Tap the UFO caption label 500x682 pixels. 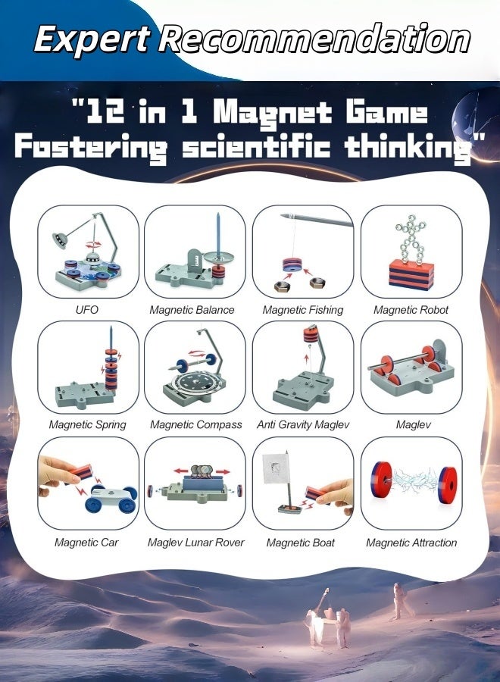click(87, 310)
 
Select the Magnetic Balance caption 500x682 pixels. click(192, 310)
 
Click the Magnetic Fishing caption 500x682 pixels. click(302, 310)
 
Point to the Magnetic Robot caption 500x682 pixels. click(411, 310)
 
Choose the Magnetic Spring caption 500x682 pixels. click(87, 425)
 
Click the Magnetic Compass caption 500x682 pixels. click(195, 425)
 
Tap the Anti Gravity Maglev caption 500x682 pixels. click(302, 425)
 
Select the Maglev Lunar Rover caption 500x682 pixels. click(195, 543)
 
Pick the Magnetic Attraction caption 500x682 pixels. click(411, 543)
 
